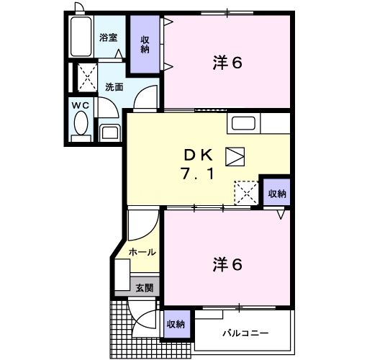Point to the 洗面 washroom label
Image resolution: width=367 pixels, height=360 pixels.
114,86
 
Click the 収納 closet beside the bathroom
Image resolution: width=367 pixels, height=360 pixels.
145,45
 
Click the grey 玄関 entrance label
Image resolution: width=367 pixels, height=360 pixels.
144,287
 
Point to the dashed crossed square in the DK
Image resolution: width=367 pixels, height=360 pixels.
245,191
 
